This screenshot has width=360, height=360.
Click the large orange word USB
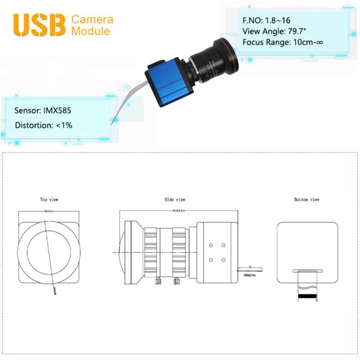40,24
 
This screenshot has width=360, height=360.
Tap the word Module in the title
91,31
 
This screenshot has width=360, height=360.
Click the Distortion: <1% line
44,125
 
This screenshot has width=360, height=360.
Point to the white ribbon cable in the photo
123,106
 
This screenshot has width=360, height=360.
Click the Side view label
175,199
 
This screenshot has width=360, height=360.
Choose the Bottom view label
306,199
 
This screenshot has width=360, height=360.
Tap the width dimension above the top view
48,211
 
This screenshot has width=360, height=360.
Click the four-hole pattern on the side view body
217,252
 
